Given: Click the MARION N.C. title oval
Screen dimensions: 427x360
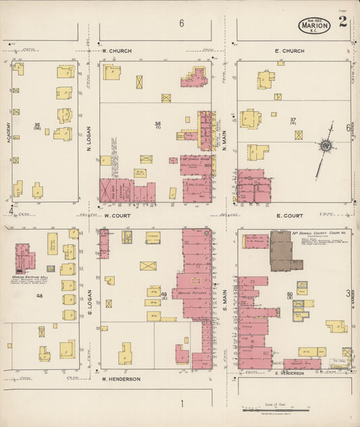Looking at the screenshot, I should coord(314,26).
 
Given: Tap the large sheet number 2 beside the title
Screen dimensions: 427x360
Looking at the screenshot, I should coord(343,22).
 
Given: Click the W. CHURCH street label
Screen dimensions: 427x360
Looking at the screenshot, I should coord(117,51).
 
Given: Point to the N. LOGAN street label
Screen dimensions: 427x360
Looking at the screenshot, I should coord(88,138).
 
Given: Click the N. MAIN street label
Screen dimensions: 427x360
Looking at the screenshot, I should coord(224,138).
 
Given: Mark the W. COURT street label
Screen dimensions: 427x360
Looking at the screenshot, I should coord(116,216).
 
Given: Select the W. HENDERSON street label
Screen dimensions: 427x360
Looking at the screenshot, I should coord(121,379).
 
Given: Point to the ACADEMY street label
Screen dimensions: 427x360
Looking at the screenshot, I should coord(8,132).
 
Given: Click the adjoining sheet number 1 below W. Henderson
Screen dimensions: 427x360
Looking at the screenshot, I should coord(182,404).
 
